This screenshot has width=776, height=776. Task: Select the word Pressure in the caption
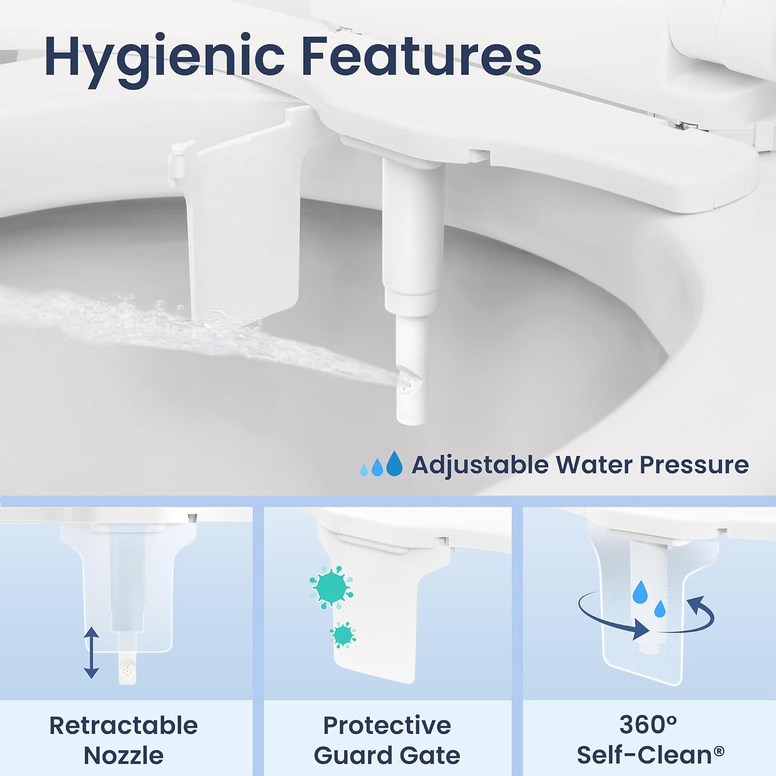click(694, 464)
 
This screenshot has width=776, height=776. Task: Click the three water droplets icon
click(381, 464)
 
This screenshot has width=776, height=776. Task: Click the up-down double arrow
click(92, 652)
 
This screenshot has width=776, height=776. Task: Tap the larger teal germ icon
click(332, 587)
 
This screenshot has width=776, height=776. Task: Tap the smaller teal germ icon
click(342, 634)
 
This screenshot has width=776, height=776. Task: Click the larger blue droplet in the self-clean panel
click(640, 591)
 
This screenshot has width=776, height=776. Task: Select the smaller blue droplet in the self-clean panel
click(660, 609)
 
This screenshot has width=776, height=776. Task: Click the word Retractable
click(124, 725)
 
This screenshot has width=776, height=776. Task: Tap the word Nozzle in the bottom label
click(124, 755)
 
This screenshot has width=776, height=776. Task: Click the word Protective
click(387, 725)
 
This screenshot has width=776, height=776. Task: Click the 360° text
click(648, 725)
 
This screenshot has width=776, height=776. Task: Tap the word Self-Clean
click(645, 755)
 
